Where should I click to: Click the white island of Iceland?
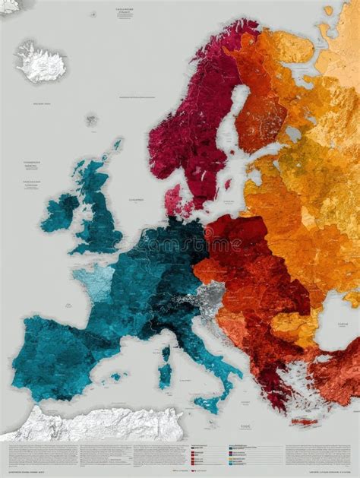click(41, 62)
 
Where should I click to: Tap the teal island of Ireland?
click(59, 212)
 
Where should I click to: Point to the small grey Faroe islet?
click(91, 120)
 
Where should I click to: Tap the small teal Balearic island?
click(115, 376)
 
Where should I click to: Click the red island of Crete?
click(304, 421)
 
